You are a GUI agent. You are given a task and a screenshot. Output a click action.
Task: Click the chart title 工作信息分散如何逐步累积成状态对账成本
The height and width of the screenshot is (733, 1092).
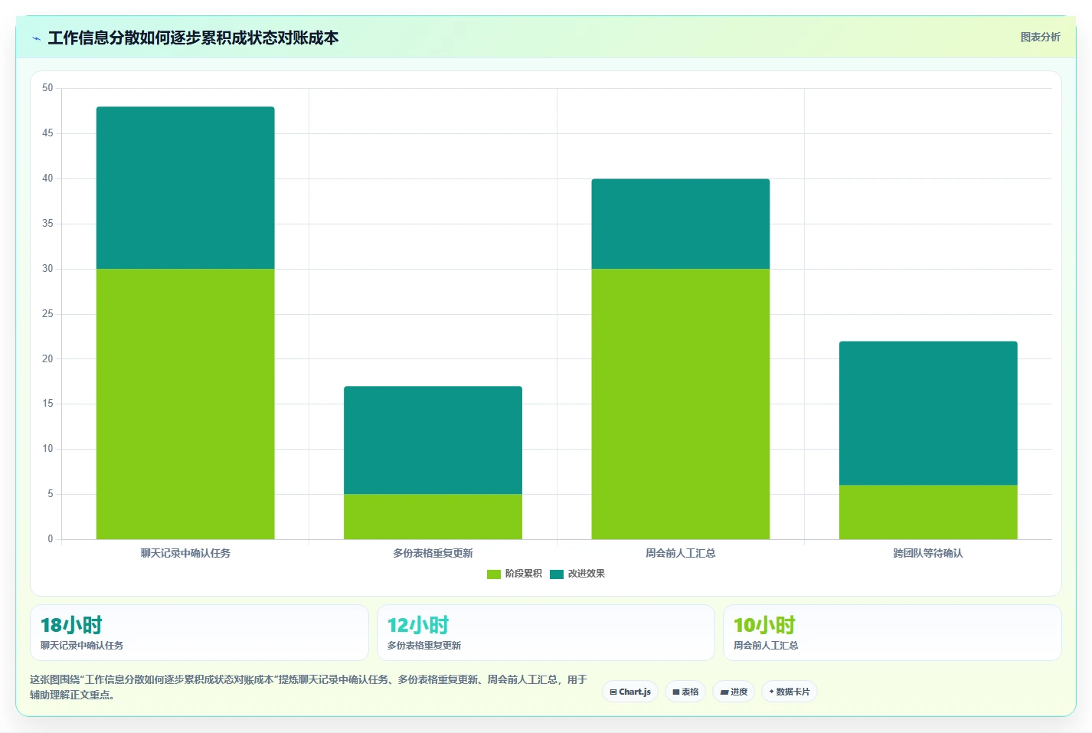click(x=193, y=38)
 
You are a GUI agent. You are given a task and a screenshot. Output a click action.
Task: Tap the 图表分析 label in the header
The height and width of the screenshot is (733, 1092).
click(x=1041, y=37)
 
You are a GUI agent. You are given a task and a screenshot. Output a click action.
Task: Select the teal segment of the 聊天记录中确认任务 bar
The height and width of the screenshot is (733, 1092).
click(x=185, y=188)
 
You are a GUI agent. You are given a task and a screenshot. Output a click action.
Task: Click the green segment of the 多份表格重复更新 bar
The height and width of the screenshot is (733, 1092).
click(x=433, y=516)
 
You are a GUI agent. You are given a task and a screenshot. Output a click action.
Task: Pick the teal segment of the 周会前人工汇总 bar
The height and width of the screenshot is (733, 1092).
click(x=681, y=224)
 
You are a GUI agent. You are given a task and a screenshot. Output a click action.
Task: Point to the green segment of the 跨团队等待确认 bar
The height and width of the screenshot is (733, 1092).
click(x=928, y=512)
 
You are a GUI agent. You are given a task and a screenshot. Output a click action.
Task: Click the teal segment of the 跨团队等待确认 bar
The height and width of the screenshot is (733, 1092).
click(x=928, y=413)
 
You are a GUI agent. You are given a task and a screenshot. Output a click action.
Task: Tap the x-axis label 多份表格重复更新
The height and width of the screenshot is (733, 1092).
click(x=433, y=553)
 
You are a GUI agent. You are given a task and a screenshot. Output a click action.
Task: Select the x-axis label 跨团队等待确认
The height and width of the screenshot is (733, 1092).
click(x=928, y=553)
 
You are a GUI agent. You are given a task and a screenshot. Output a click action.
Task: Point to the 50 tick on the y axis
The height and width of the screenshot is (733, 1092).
click(x=47, y=88)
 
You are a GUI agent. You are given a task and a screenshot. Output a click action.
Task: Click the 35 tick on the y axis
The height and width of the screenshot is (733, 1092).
click(x=47, y=224)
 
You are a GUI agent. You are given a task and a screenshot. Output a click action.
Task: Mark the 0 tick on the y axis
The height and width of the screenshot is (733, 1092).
click(x=51, y=539)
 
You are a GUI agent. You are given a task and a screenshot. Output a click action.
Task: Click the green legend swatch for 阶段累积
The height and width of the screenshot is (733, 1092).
click(x=494, y=574)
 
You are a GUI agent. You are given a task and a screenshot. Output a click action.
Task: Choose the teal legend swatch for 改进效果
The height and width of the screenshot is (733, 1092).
click(x=557, y=574)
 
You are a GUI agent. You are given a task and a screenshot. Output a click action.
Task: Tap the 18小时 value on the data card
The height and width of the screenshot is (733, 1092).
click(x=71, y=625)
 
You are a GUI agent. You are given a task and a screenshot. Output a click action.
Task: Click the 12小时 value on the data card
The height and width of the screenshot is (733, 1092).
click(x=418, y=625)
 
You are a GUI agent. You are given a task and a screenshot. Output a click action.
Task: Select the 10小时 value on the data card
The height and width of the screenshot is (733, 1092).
click(x=764, y=625)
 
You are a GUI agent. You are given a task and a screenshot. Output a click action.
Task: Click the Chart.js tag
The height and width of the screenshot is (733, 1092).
click(x=630, y=692)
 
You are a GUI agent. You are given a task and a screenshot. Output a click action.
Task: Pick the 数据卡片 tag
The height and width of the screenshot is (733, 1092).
click(x=790, y=692)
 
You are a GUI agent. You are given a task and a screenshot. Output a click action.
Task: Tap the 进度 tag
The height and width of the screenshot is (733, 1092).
click(x=734, y=692)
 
